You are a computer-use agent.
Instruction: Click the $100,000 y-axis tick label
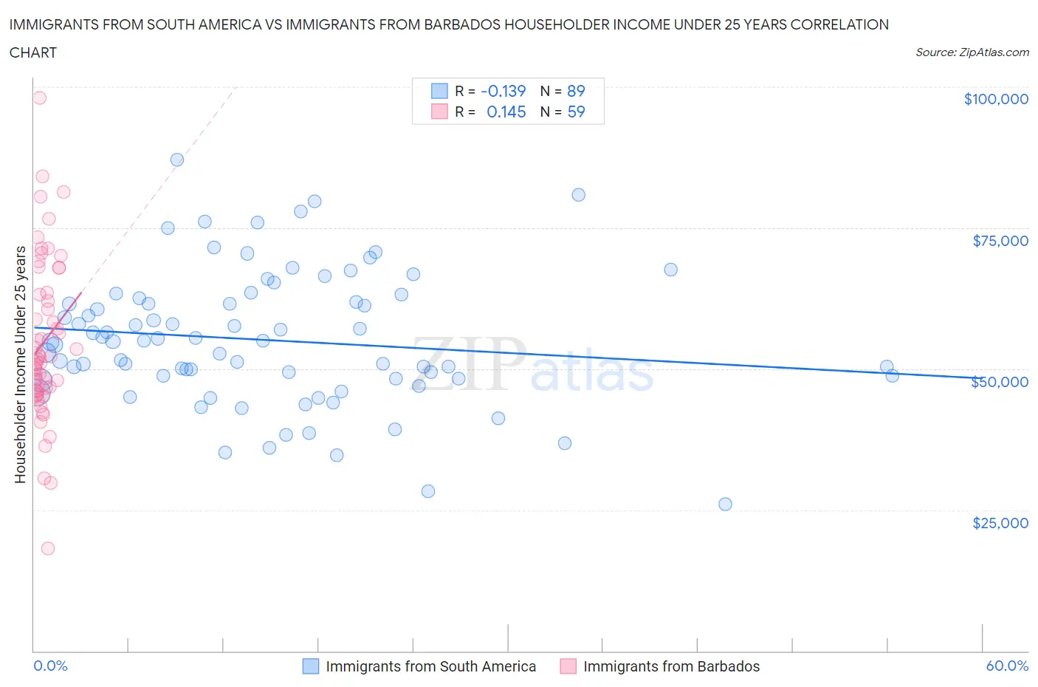(995, 99)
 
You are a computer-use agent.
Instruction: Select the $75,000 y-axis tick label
(1000, 241)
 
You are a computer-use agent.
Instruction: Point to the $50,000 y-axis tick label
(999, 382)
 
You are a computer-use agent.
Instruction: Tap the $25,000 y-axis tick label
(1000, 523)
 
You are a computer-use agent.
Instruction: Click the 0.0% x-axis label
(50, 666)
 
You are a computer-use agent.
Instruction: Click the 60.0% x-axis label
(1007, 666)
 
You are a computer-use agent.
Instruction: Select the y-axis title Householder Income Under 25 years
(21, 364)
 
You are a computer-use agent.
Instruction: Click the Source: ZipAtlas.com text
(972, 52)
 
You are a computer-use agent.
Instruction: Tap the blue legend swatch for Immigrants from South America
(311, 666)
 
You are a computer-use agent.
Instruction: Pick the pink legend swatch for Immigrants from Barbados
(568, 666)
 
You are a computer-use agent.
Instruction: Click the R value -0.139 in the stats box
(503, 91)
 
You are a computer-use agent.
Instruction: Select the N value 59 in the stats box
(576, 112)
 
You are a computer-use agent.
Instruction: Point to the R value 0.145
(506, 112)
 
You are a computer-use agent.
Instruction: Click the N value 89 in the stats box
(576, 91)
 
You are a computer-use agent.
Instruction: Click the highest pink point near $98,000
(39, 98)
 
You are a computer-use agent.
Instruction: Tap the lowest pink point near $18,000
(48, 548)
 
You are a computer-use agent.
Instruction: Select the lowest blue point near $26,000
(725, 504)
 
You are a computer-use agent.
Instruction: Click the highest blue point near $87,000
(177, 160)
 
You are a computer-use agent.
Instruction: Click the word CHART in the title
(33, 52)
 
